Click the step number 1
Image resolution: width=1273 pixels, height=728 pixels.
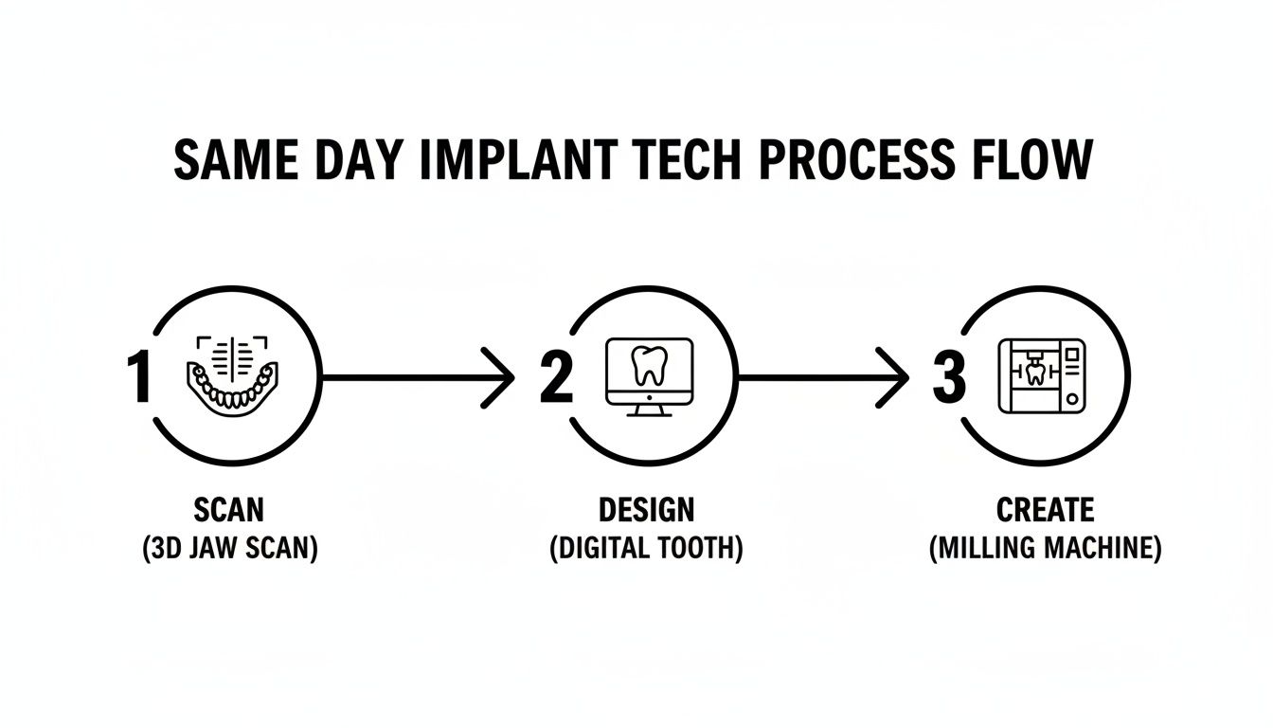click(139, 377)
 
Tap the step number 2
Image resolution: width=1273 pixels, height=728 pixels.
click(557, 377)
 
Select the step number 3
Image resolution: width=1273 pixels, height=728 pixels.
click(948, 377)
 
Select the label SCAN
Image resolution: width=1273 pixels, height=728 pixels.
click(229, 510)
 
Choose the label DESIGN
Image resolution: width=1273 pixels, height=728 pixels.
click(646, 510)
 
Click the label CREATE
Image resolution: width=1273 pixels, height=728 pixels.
click(1045, 510)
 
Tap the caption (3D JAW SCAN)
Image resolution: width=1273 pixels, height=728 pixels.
click(229, 549)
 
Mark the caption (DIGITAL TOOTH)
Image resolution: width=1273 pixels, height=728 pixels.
click(646, 549)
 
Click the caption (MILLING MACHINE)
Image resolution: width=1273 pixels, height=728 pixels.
click(1045, 549)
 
